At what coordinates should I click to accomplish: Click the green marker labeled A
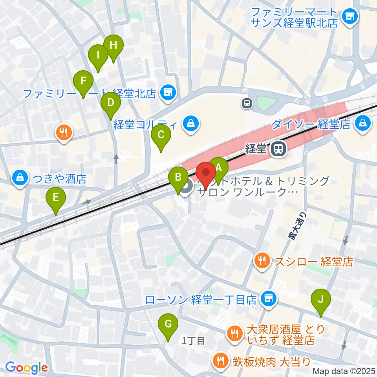[x=219, y=168]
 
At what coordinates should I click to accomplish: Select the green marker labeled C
[x=161, y=135]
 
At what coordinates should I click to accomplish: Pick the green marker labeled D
[x=110, y=102]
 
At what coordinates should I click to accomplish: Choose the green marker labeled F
[x=83, y=81]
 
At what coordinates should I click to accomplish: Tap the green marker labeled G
[x=168, y=324]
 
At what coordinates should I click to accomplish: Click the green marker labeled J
[x=321, y=299]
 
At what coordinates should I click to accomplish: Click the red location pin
[x=205, y=172]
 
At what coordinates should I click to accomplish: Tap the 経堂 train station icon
[x=278, y=148]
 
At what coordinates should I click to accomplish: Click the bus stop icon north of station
[x=247, y=103]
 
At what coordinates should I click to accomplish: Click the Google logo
[x=26, y=368]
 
